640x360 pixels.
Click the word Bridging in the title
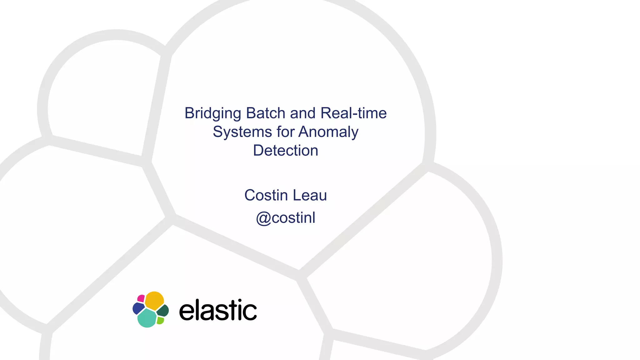(212, 113)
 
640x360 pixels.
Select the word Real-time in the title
(353, 113)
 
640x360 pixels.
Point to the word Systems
(242, 132)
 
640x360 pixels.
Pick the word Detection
(286, 151)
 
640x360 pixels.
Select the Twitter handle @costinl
(286, 218)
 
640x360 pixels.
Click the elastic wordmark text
(218, 310)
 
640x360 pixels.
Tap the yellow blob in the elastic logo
(154, 300)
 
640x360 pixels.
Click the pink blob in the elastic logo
(141, 298)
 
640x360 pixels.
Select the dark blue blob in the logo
(138, 308)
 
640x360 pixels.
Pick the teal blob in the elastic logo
(147, 318)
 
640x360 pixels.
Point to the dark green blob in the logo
(163, 311)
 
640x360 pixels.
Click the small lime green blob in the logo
(160, 320)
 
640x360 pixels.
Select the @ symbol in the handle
(263, 218)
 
